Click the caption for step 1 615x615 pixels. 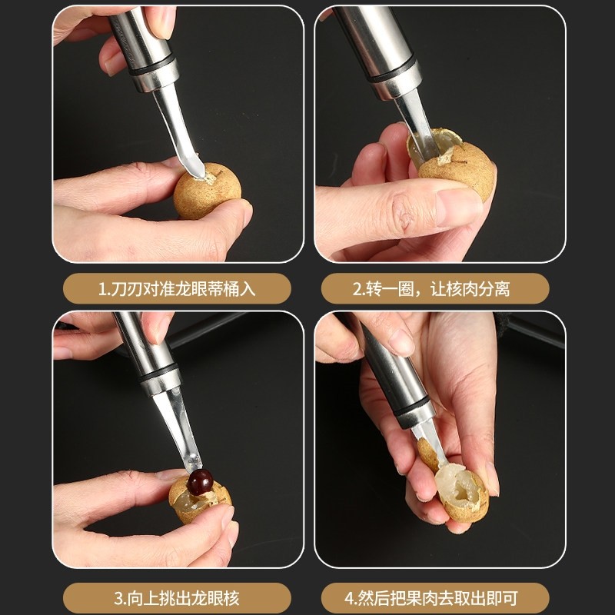(x=177, y=289)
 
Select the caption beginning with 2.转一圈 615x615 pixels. (x=435, y=289)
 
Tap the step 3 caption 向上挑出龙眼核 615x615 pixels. (x=177, y=597)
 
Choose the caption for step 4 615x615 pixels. (x=435, y=597)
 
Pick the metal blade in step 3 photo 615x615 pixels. (x=181, y=430)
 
